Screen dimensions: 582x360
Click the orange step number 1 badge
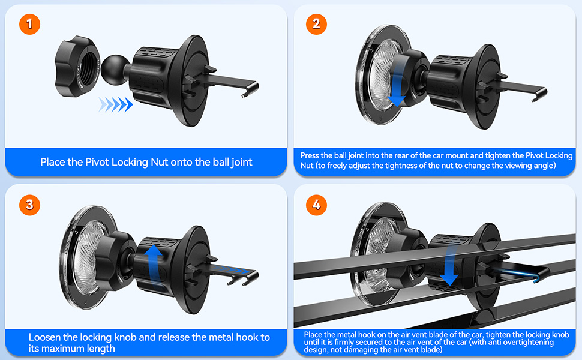pyautogui.click(x=29, y=25)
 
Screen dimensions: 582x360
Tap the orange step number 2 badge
pyautogui.click(x=316, y=25)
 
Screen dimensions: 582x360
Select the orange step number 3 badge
pyautogui.click(x=29, y=205)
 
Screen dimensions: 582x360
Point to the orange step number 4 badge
pyautogui.click(x=316, y=205)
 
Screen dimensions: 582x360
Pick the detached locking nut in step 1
pyautogui.click(x=77, y=66)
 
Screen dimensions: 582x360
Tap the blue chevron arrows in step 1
pyautogui.click(x=115, y=104)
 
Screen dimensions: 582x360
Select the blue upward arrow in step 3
pyautogui.click(x=153, y=266)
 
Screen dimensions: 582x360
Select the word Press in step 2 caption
pyautogui.click(x=310, y=155)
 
